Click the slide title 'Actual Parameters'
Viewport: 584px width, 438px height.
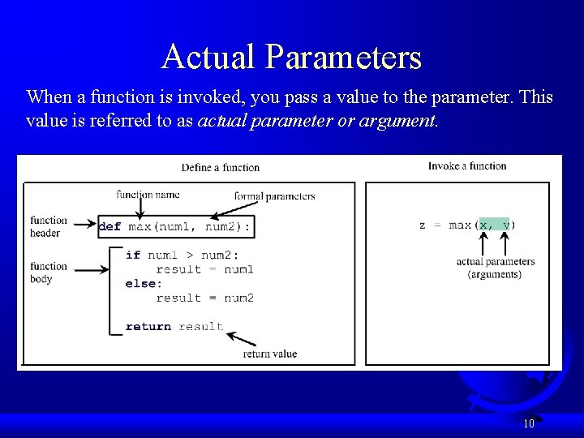coord(291,58)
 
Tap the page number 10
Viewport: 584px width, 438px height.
coord(528,423)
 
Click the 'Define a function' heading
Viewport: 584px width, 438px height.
coord(221,168)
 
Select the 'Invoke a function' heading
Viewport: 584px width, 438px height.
coord(467,166)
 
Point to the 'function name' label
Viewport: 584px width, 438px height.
coord(148,195)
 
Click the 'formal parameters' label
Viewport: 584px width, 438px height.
coord(274,196)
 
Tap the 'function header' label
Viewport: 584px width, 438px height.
coord(49,226)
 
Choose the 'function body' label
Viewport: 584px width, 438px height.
coord(49,273)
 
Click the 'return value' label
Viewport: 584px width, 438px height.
coord(269,354)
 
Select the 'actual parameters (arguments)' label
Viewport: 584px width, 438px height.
coord(495,268)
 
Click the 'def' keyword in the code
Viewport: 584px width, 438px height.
coord(109,227)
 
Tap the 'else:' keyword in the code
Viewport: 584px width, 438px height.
coord(144,284)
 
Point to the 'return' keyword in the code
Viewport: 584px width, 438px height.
coord(148,327)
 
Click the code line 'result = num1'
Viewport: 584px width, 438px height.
coord(204,269)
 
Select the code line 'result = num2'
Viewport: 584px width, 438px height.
coord(204,298)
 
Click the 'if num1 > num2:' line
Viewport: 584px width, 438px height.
coord(182,255)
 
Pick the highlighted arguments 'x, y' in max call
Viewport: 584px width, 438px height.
coord(494,225)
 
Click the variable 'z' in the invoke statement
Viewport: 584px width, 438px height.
coord(422,225)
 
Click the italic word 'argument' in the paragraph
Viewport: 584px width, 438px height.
coord(401,122)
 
